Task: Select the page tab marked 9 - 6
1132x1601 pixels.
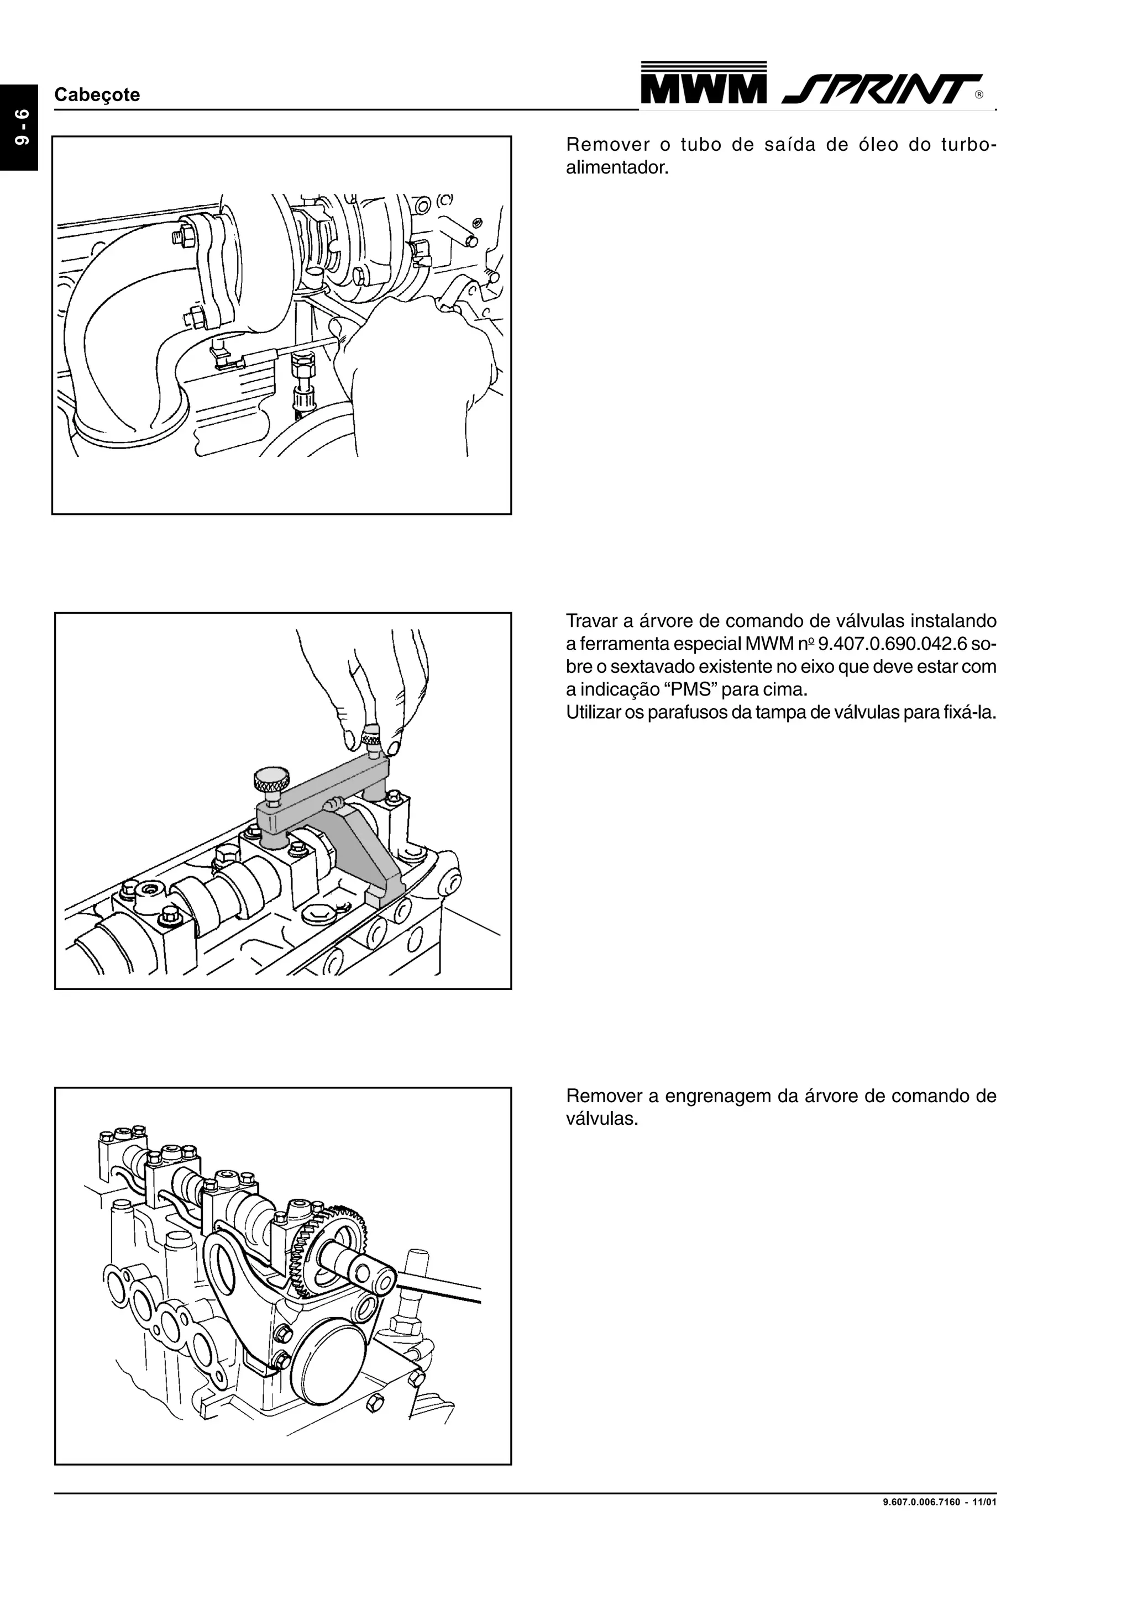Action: click(19, 128)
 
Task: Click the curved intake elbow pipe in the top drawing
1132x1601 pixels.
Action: click(119, 335)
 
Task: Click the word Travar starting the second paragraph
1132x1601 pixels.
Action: click(589, 620)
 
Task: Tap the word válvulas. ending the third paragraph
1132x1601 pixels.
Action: click(601, 1119)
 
